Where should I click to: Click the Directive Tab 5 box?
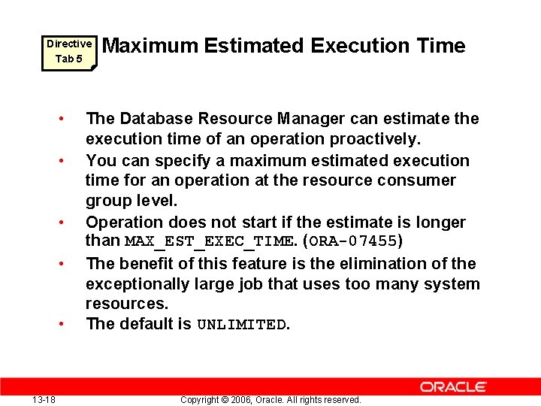[x=68, y=51]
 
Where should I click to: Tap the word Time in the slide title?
[x=442, y=46]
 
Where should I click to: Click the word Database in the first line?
[x=153, y=119]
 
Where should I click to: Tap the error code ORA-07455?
[x=353, y=242]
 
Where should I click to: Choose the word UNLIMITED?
[x=241, y=325]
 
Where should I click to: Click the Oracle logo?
[x=453, y=387]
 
